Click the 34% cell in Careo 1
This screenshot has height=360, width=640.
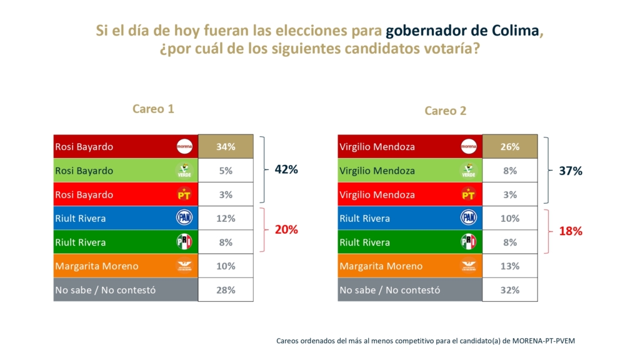coord(226,147)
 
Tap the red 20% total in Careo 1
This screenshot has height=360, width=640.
coord(286,229)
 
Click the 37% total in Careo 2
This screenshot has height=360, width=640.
coord(571,171)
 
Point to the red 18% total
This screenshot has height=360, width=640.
coord(571,231)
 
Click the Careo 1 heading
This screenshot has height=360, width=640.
coord(153,109)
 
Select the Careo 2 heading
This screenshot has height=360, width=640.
coord(446,111)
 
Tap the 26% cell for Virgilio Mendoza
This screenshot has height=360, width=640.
coord(510,147)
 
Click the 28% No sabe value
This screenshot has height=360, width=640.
coord(226,290)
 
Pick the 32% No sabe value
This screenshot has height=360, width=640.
coord(510,290)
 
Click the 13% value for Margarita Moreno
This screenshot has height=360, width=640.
coord(510,266)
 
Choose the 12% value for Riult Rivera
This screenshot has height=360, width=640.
coord(226,218)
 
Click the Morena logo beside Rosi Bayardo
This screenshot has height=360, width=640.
coord(184,147)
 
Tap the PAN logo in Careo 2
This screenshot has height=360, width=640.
coord(468,218)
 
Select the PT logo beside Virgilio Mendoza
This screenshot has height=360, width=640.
coord(468,194)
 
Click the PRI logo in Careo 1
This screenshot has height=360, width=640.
coord(184,242)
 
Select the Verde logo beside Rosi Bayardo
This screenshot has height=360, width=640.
coord(184,171)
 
